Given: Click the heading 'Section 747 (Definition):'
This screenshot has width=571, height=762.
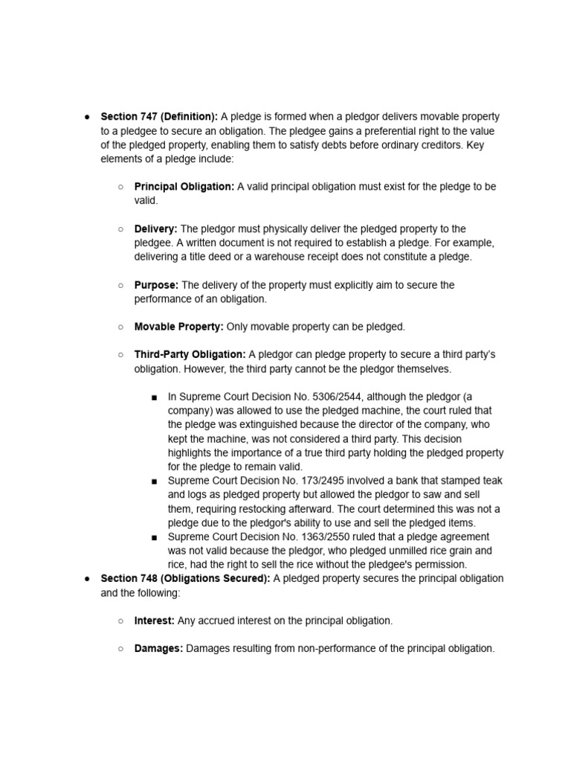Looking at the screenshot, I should click(159, 117).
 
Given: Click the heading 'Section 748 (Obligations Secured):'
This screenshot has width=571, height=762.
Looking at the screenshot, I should click(185, 578).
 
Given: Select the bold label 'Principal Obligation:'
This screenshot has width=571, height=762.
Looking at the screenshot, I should click(184, 186).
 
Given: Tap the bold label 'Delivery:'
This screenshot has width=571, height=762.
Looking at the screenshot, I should click(155, 228).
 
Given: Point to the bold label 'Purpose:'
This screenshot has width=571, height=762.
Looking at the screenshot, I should click(156, 285).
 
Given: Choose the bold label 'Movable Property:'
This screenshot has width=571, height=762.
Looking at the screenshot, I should click(178, 327).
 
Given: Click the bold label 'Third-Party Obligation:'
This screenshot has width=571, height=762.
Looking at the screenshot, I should click(190, 354).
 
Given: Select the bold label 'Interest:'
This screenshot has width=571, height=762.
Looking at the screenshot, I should click(154, 621).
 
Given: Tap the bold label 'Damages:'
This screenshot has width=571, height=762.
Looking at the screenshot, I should click(158, 648).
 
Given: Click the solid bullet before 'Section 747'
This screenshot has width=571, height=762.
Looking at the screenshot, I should click(87, 117).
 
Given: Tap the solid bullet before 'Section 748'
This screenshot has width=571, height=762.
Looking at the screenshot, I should click(87, 578).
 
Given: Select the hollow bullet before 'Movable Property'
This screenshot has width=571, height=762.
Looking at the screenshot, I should click(120, 327).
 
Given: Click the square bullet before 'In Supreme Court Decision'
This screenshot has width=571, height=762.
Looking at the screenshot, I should click(154, 397).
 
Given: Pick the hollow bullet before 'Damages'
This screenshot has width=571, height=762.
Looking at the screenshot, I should click(120, 648).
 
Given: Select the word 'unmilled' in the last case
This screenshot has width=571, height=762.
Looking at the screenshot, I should click(404, 551).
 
